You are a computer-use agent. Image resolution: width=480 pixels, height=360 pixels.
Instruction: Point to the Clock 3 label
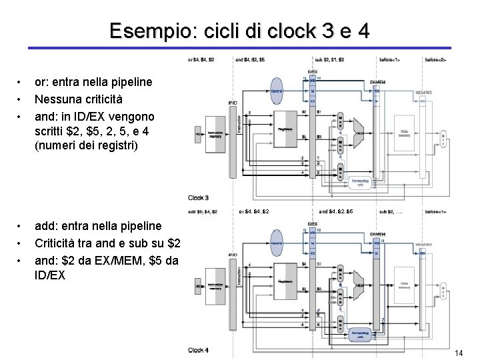click(199, 197)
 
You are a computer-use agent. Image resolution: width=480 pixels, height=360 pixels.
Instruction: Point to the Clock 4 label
click(199, 349)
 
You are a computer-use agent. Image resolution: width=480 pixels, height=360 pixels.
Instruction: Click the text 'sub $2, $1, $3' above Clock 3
click(330, 60)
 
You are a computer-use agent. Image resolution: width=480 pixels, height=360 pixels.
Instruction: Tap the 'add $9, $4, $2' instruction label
click(203, 212)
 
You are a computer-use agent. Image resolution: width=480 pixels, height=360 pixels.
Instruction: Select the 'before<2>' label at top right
click(436, 60)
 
